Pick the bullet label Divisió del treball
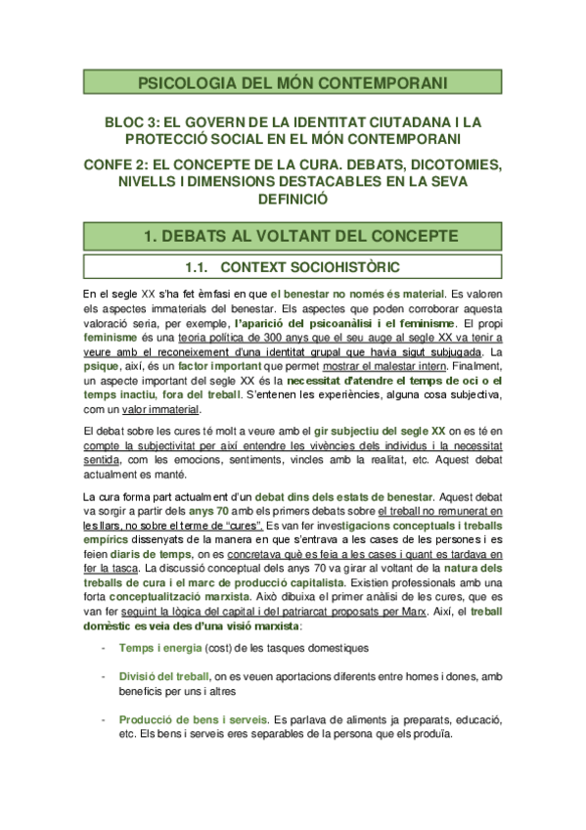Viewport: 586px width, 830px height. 162,674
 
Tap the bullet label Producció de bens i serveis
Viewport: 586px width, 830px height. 185,719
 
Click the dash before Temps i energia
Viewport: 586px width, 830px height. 104,648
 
